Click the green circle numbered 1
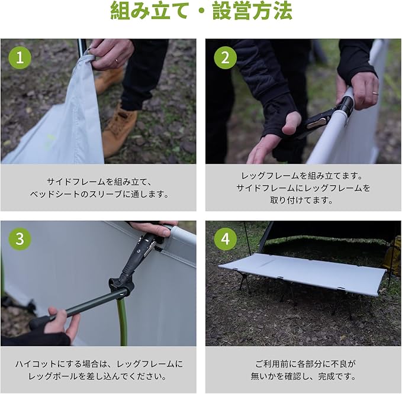click(x=20, y=57)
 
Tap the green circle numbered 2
click(x=226, y=57)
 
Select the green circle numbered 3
click(x=20, y=239)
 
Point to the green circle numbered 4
click(x=226, y=239)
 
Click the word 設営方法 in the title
click(x=253, y=11)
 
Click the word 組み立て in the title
click(x=149, y=11)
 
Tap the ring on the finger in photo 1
click(x=116, y=60)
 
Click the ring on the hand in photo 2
click(x=375, y=93)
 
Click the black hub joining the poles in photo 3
click(x=122, y=282)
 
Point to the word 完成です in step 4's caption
click(x=337, y=376)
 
